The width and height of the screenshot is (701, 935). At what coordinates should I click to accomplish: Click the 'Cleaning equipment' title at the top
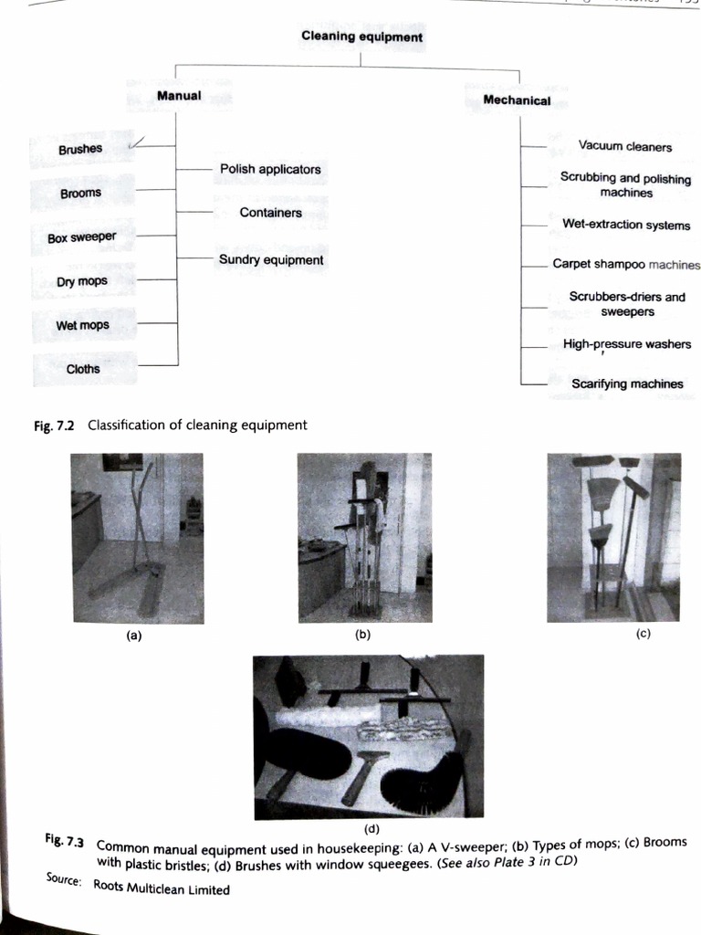coord(361,37)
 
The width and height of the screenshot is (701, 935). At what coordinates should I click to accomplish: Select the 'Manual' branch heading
coord(179,95)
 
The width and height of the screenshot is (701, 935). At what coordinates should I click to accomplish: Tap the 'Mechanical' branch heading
coord(517,100)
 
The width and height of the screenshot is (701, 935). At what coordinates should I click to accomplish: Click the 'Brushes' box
coord(80,149)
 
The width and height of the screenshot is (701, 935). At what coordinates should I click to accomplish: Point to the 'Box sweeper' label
coord(82,237)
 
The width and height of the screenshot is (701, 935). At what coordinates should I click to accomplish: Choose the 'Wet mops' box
coord(82,325)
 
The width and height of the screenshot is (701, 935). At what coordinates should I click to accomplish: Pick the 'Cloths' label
coord(83,369)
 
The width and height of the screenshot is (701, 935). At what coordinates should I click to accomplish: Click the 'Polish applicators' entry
coord(270,169)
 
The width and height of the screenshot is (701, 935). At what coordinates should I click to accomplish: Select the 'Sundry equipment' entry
coord(271,260)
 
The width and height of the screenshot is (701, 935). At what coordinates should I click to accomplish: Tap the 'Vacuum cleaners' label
coord(625,146)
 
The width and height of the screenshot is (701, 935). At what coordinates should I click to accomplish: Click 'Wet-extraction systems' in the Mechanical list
coord(626,225)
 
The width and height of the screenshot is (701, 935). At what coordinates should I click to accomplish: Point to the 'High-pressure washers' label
coord(627,344)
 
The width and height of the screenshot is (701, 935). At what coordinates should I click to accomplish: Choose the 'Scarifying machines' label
coord(627,383)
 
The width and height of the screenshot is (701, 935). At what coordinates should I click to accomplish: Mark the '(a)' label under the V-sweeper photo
coord(134,637)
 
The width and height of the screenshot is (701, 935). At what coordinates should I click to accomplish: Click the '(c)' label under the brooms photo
coord(643,635)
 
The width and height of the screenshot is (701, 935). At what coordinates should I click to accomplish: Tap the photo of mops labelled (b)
coord(364,537)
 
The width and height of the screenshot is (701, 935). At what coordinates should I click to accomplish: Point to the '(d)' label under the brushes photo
coord(371,828)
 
